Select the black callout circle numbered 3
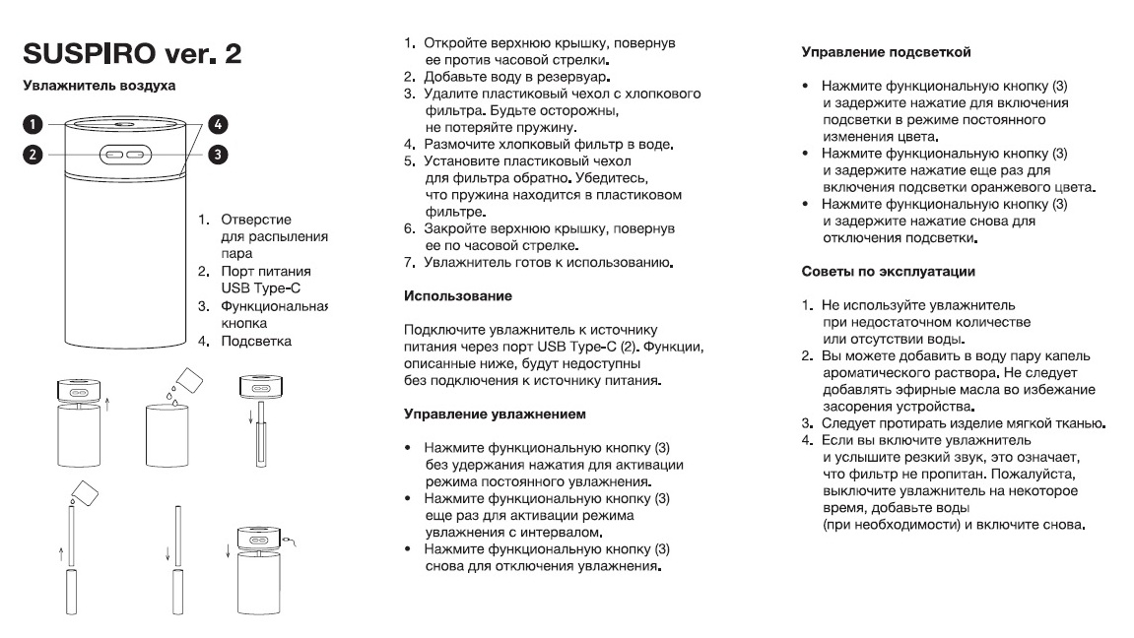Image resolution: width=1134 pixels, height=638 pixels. pos(218,154)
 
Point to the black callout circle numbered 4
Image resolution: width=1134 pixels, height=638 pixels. pos(218,124)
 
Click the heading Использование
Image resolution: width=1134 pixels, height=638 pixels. pos(458,294)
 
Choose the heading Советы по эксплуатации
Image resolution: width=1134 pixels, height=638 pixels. pos(889,270)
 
